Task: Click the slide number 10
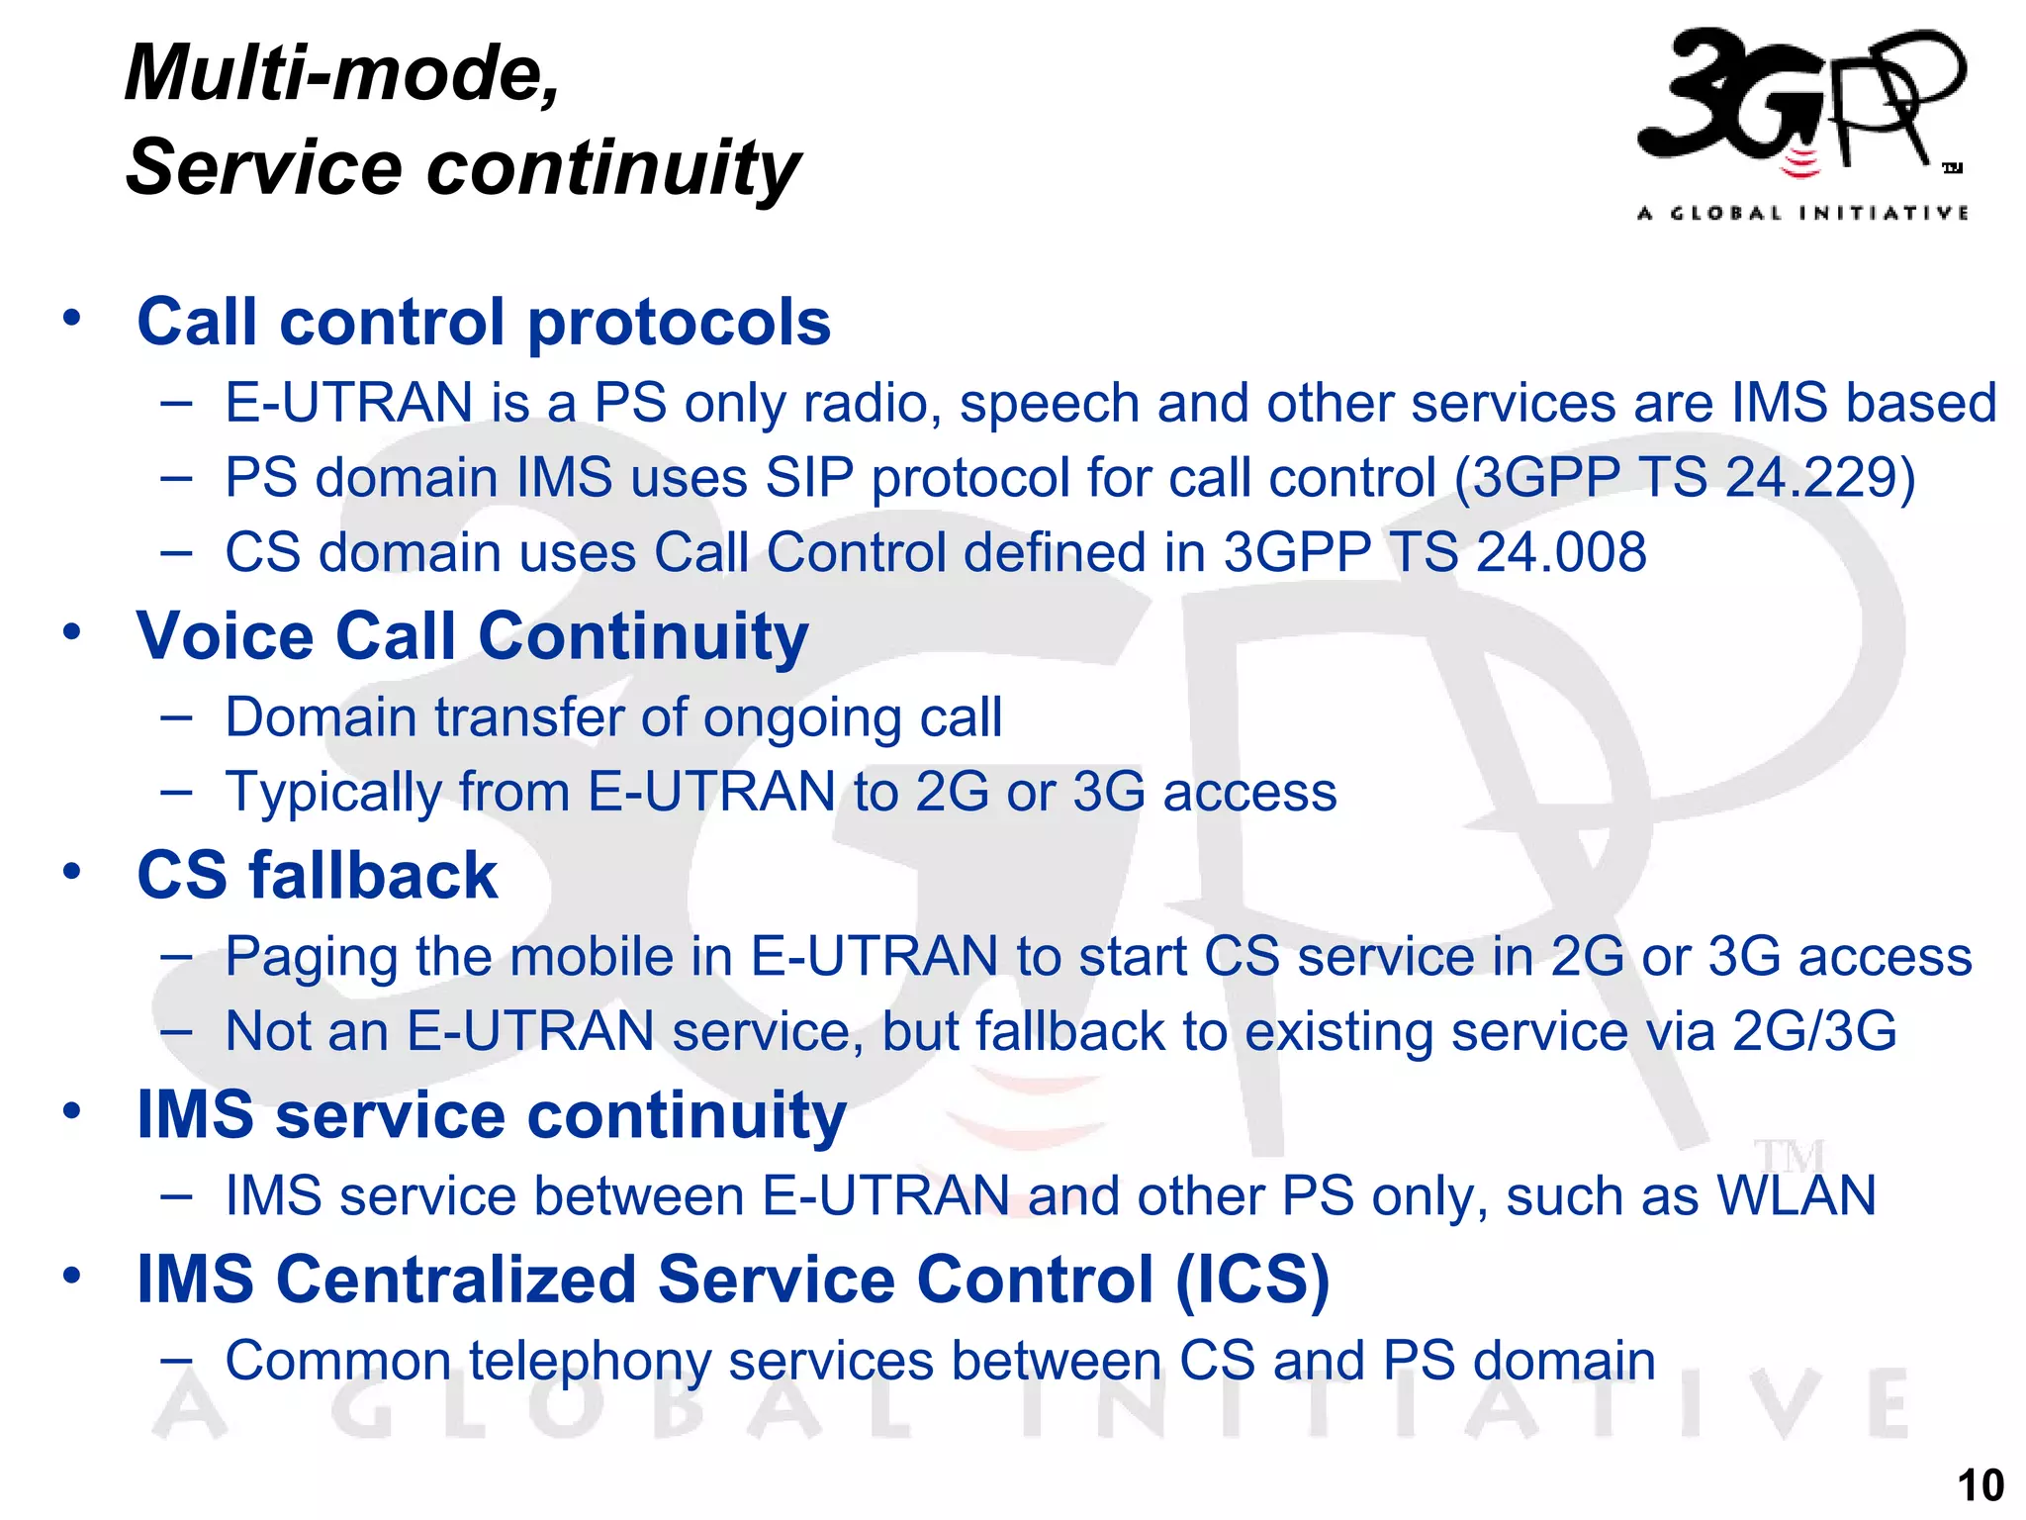tap(1980, 1485)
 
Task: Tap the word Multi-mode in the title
tap(341, 73)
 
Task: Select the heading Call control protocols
tap(483, 322)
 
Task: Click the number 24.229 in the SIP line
tap(1809, 477)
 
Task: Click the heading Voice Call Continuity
tap(472, 635)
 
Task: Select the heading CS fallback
tap(317, 875)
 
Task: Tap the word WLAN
tap(1796, 1195)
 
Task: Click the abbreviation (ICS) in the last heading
tap(1252, 1279)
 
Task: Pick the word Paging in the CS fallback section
tap(311, 957)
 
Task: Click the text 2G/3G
tap(1814, 1031)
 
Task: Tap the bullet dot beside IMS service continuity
tap(71, 1110)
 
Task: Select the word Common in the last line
tap(337, 1360)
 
